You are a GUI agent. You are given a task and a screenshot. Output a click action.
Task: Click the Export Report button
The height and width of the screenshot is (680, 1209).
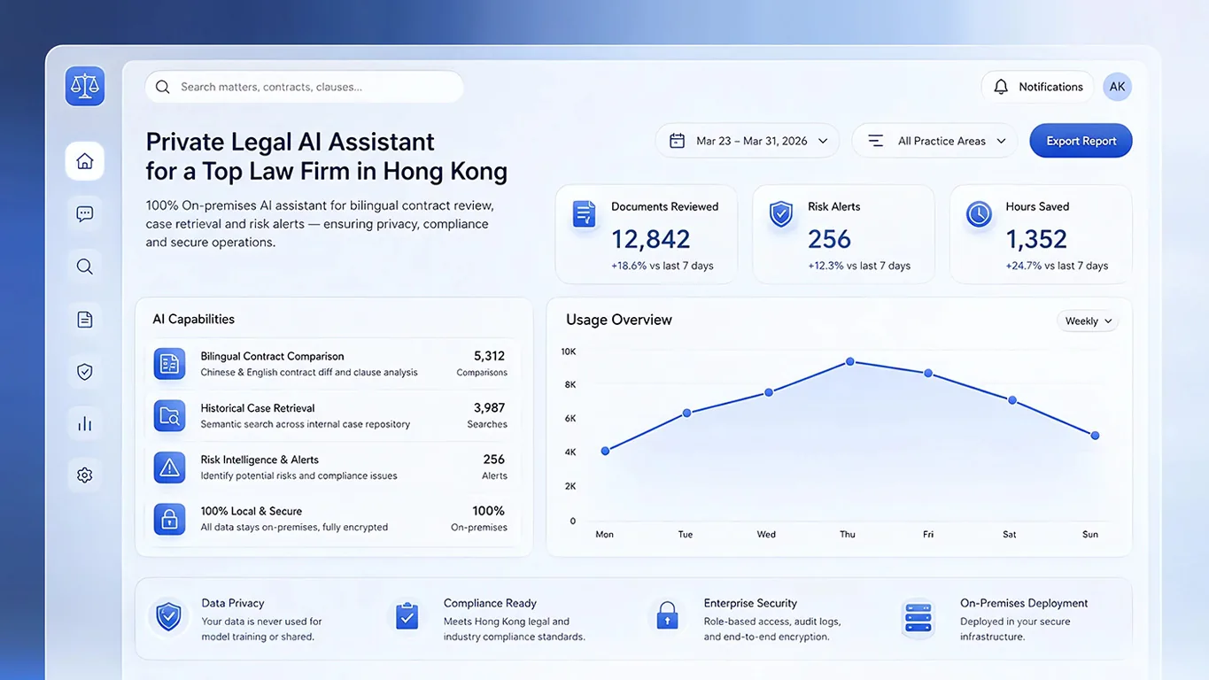click(x=1081, y=141)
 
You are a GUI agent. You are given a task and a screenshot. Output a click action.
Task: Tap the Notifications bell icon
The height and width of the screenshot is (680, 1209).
click(x=1001, y=87)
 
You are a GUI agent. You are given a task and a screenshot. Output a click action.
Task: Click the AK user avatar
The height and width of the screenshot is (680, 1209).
click(x=1117, y=87)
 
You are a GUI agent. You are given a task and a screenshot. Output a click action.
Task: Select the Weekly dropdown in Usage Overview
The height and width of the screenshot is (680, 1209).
click(x=1088, y=321)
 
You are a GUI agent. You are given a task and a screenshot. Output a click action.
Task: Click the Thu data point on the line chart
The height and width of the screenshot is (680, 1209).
click(x=850, y=361)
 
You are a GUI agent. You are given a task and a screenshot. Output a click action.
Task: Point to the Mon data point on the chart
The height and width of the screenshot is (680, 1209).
click(x=605, y=451)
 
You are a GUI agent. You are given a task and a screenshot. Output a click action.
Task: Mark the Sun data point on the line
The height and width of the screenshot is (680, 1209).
click(x=1095, y=436)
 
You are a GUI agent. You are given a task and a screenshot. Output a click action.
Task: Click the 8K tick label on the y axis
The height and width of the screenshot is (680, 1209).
click(x=570, y=385)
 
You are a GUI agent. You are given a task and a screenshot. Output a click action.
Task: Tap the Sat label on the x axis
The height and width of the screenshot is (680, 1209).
click(x=1010, y=534)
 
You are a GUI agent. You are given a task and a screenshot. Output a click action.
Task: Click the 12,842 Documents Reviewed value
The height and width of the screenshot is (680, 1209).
click(x=650, y=239)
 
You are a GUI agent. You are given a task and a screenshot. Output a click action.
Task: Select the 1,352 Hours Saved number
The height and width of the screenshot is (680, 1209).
click(x=1036, y=239)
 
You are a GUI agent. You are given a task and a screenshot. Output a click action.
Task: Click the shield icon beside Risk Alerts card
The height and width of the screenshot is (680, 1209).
click(x=781, y=213)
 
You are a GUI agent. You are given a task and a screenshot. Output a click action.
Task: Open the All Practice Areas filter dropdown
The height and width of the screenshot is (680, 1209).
click(x=935, y=141)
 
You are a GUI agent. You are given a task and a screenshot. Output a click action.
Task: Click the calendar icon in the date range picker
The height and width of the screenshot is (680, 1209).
click(x=677, y=141)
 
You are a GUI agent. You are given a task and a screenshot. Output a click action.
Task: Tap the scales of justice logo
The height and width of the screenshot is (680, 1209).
click(x=85, y=87)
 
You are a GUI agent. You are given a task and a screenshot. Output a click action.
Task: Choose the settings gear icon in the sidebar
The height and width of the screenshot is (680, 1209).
click(x=85, y=475)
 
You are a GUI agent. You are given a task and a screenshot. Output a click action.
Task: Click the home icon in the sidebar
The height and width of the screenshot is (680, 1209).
click(x=85, y=161)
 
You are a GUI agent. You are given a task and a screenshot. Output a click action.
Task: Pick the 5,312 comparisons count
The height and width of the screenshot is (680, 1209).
click(x=489, y=356)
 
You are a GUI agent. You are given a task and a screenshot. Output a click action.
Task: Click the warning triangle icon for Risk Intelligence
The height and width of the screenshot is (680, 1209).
click(x=169, y=467)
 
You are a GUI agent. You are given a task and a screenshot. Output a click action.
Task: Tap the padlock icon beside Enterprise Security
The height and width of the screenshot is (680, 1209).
click(x=667, y=615)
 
